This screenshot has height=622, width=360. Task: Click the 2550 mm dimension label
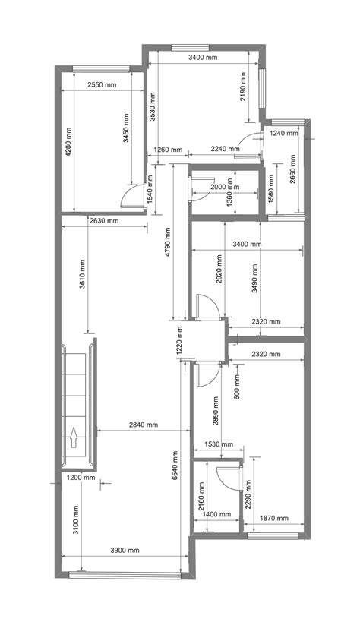102,84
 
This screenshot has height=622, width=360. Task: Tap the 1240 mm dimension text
285,133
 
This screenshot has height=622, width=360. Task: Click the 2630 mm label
103,221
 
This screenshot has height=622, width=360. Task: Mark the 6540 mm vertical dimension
176,465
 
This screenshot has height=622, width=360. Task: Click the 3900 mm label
125,550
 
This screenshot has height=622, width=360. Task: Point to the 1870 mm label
273,518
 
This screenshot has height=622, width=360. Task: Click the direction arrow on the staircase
74,438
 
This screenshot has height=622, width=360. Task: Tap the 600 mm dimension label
238,386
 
